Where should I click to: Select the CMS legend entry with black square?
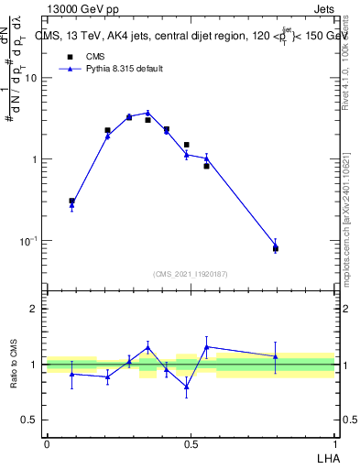pos(83,56)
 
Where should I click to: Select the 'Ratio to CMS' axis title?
pos(15,364)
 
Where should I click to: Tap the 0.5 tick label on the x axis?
pos(191,443)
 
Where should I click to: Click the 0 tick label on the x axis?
pos(47,443)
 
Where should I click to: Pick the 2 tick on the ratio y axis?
pos(34,309)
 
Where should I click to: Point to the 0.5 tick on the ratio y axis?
pos(30,420)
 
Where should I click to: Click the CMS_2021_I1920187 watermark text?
pos(191,274)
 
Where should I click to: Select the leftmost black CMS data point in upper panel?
pos(71,201)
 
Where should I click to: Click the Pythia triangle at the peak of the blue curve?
pos(147,114)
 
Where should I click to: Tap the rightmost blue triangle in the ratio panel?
pos(275,356)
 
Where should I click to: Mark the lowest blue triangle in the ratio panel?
pos(186,387)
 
